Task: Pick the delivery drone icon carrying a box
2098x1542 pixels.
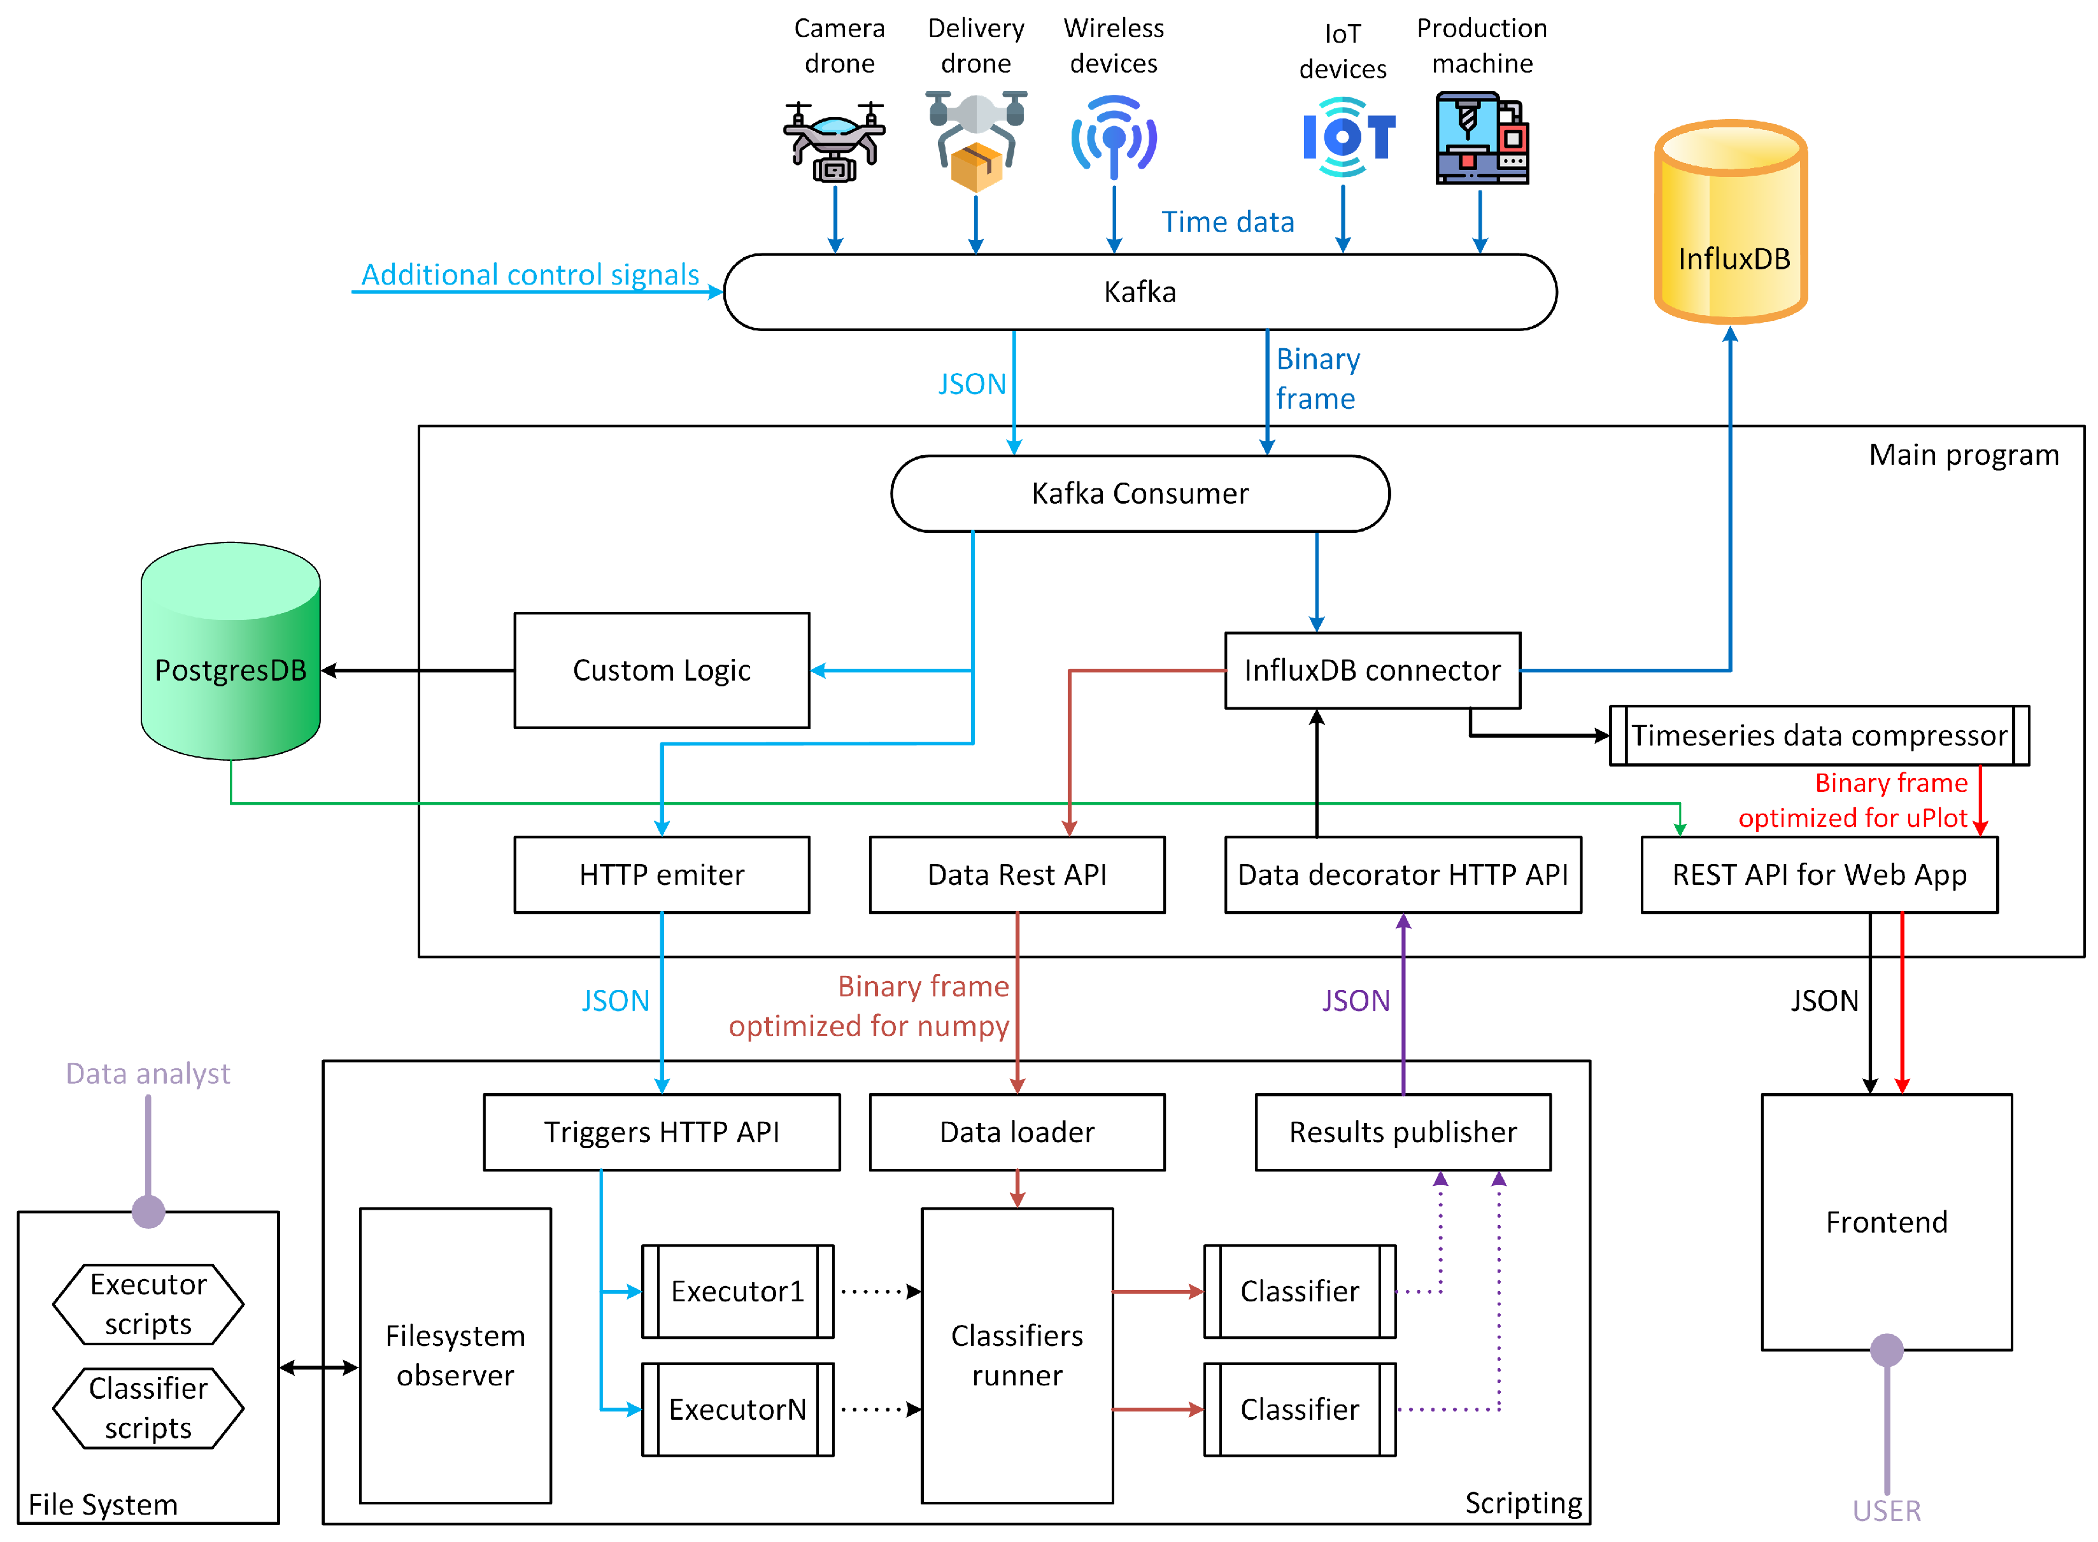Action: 975,141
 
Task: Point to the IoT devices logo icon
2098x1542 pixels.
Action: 1347,138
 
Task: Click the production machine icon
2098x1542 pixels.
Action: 1480,138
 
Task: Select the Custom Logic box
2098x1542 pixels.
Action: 661,670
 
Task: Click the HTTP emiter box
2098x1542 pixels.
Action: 661,875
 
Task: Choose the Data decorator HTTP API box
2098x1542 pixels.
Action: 1402,875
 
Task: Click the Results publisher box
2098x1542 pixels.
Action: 1402,1132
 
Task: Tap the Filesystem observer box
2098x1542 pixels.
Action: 455,1355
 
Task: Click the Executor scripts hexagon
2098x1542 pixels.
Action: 148,1304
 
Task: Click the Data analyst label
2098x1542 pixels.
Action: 148,1073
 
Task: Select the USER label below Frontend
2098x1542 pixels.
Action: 1885,1510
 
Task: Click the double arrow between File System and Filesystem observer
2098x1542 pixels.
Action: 318,1368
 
